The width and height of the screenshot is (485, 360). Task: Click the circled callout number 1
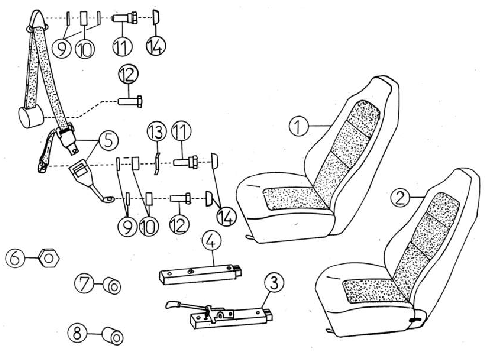[x=298, y=127]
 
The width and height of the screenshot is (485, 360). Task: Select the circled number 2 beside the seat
[x=400, y=198]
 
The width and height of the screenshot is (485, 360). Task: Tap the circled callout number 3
[x=274, y=283]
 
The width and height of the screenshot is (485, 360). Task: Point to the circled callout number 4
[x=212, y=240]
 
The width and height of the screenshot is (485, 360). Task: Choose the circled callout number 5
[x=109, y=140]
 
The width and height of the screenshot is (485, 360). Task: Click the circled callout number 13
[x=157, y=131]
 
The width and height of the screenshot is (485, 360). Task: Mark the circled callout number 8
[x=77, y=333]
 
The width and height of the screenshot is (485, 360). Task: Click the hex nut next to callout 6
[x=49, y=258]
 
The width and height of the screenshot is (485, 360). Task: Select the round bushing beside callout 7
[x=112, y=286]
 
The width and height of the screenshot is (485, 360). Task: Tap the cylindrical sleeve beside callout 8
[x=112, y=336]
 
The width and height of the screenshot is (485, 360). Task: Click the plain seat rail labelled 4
[x=199, y=274]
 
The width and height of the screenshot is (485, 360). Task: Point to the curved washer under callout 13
[x=157, y=163]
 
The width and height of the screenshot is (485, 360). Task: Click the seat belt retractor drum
[x=31, y=117]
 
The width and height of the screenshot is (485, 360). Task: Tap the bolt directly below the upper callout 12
[x=131, y=100]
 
